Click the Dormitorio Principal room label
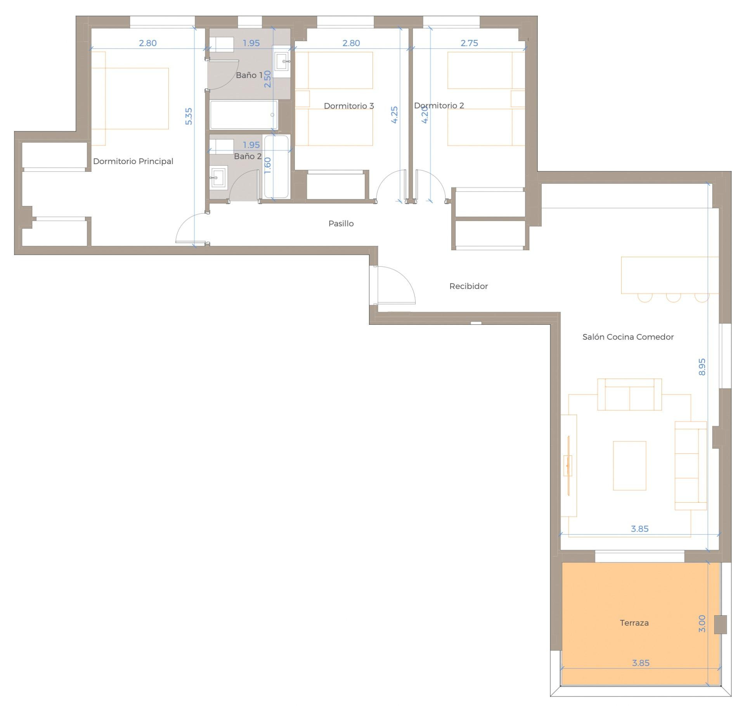point(133,161)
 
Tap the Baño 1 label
point(249,75)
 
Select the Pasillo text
point(341,223)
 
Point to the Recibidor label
point(468,286)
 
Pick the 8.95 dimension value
point(702,367)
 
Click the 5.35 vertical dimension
point(189,116)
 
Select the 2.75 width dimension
point(469,43)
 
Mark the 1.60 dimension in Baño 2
point(267,165)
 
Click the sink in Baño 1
point(282,61)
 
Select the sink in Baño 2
point(218,178)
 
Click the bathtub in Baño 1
point(244,115)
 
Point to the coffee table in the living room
point(629,465)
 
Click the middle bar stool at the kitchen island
point(673,298)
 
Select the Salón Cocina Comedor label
point(628,337)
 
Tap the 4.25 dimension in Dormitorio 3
point(394,115)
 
